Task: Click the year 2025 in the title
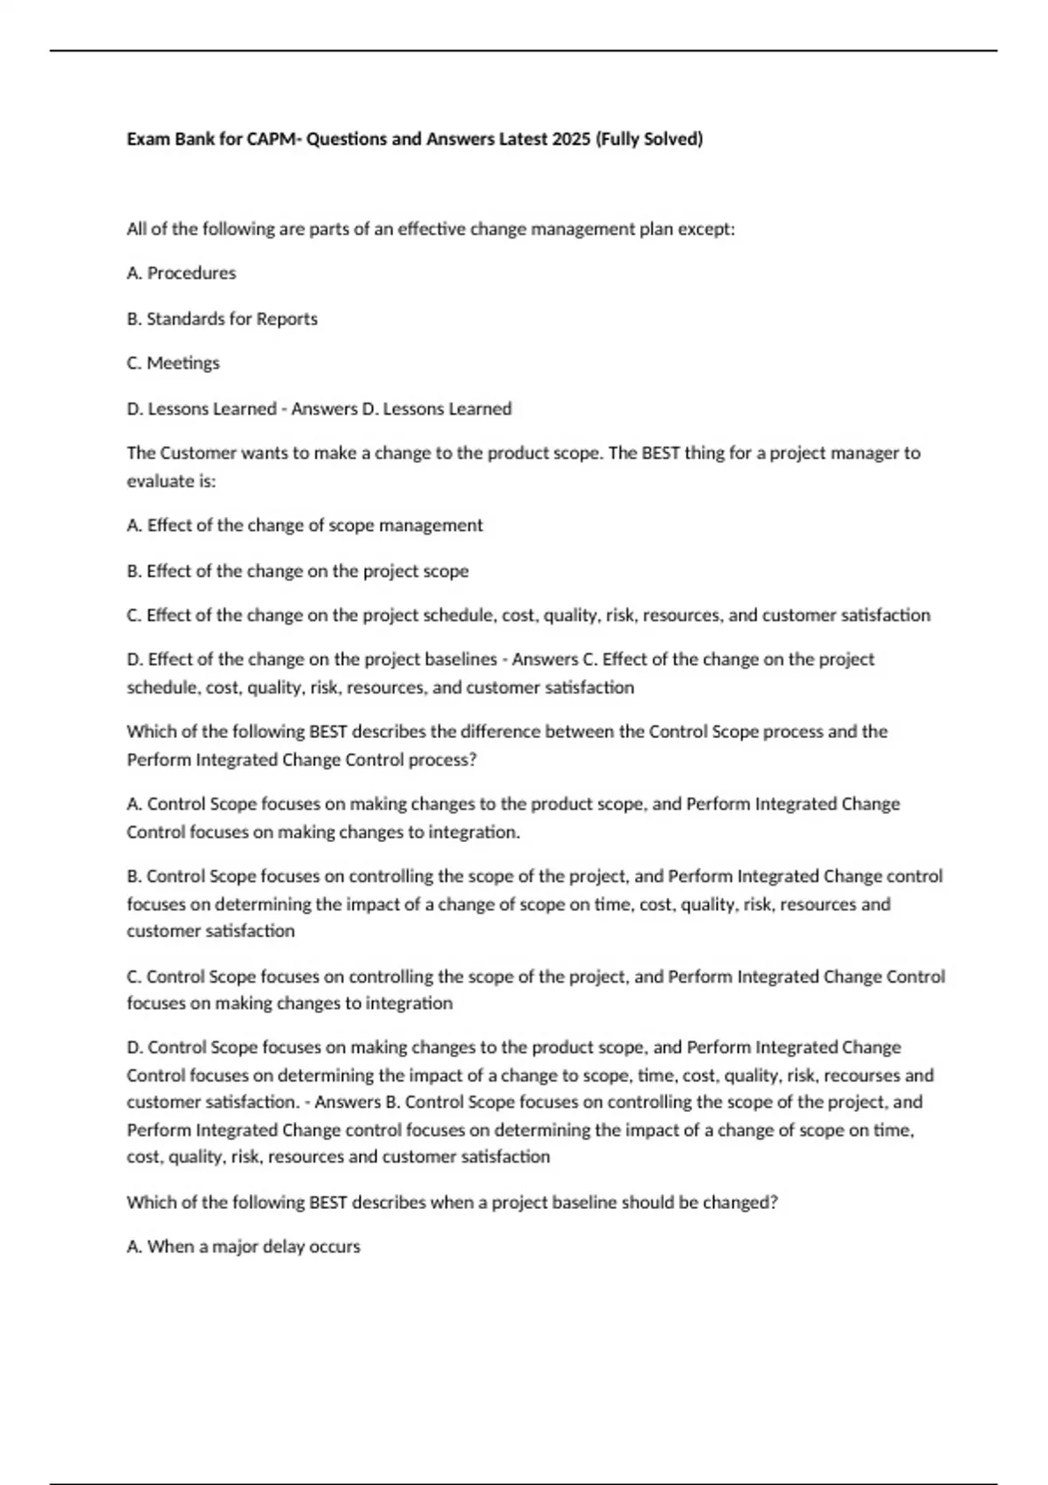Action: click(x=571, y=139)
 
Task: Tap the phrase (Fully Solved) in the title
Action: click(x=649, y=139)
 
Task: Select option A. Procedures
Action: click(x=182, y=273)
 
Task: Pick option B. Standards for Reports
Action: click(x=223, y=319)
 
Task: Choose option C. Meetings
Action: click(x=174, y=363)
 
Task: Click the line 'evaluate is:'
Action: click(x=171, y=481)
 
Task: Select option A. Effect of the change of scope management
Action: click(x=305, y=526)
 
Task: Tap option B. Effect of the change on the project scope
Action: click(x=298, y=571)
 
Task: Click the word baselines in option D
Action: click(x=459, y=660)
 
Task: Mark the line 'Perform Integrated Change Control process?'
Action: click(x=302, y=760)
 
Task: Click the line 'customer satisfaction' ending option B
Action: click(x=210, y=931)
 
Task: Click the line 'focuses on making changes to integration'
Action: click(x=290, y=1004)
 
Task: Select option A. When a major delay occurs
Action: click(x=244, y=1247)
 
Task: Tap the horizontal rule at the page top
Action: click(x=524, y=51)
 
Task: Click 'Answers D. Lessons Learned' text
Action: click(x=402, y=409)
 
